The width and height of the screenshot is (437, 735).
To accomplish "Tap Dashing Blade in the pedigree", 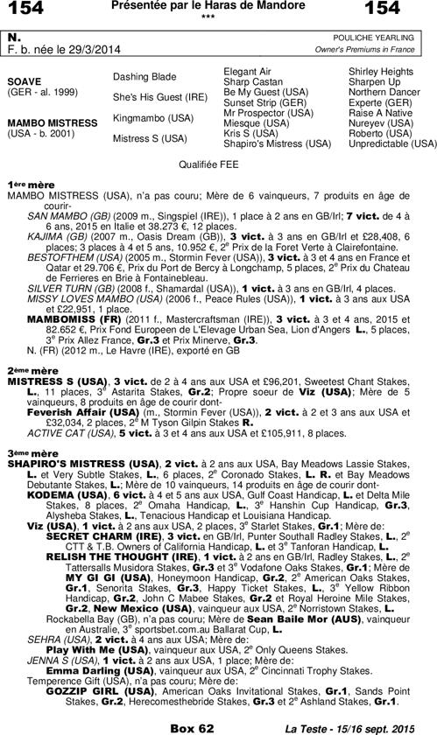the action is coord(144,76).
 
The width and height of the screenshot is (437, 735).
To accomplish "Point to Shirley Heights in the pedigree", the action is coord(380,70).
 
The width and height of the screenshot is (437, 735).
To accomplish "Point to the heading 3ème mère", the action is coord(25,453).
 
